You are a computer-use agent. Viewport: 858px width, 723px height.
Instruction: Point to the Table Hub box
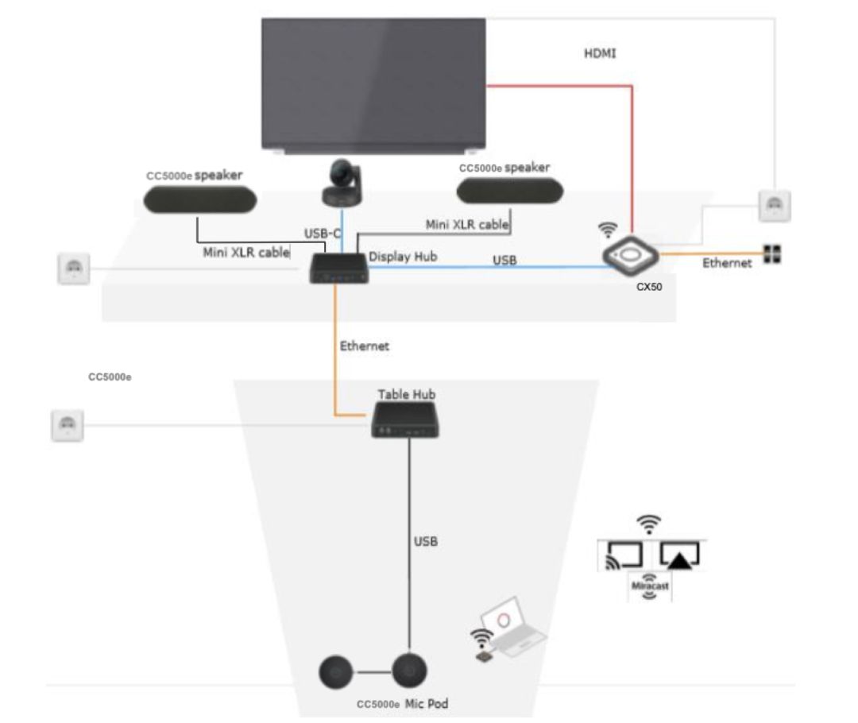click(x=406, y=419)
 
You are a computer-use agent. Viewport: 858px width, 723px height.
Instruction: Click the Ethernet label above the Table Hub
click(x=365, y=346)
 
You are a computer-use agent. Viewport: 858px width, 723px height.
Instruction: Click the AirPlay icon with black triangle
click(x=679, y=555)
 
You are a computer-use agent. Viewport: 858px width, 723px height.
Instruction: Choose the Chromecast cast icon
click(x=624, y=555)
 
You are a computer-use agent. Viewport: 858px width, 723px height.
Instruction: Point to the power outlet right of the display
click(x=774, y=206)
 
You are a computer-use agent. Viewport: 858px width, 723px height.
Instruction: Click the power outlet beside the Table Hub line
click(x=67, y=425)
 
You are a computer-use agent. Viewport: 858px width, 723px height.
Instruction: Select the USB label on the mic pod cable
click(x=426, y=543)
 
